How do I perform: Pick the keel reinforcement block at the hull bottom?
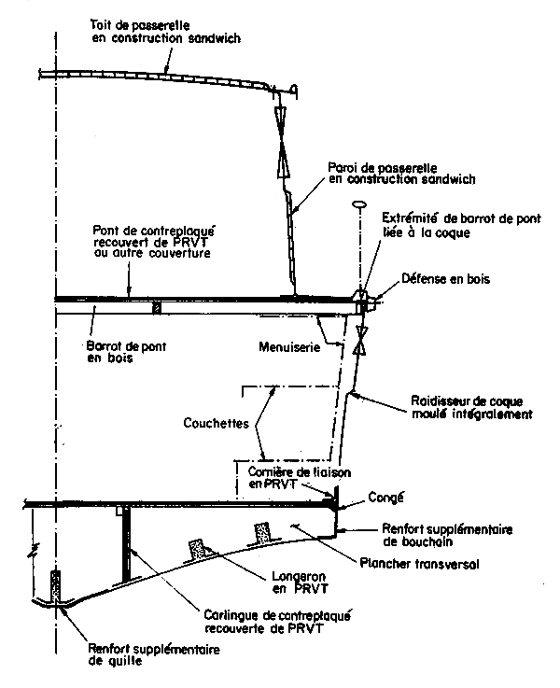point(58,588)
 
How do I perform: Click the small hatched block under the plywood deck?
point(157,307)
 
